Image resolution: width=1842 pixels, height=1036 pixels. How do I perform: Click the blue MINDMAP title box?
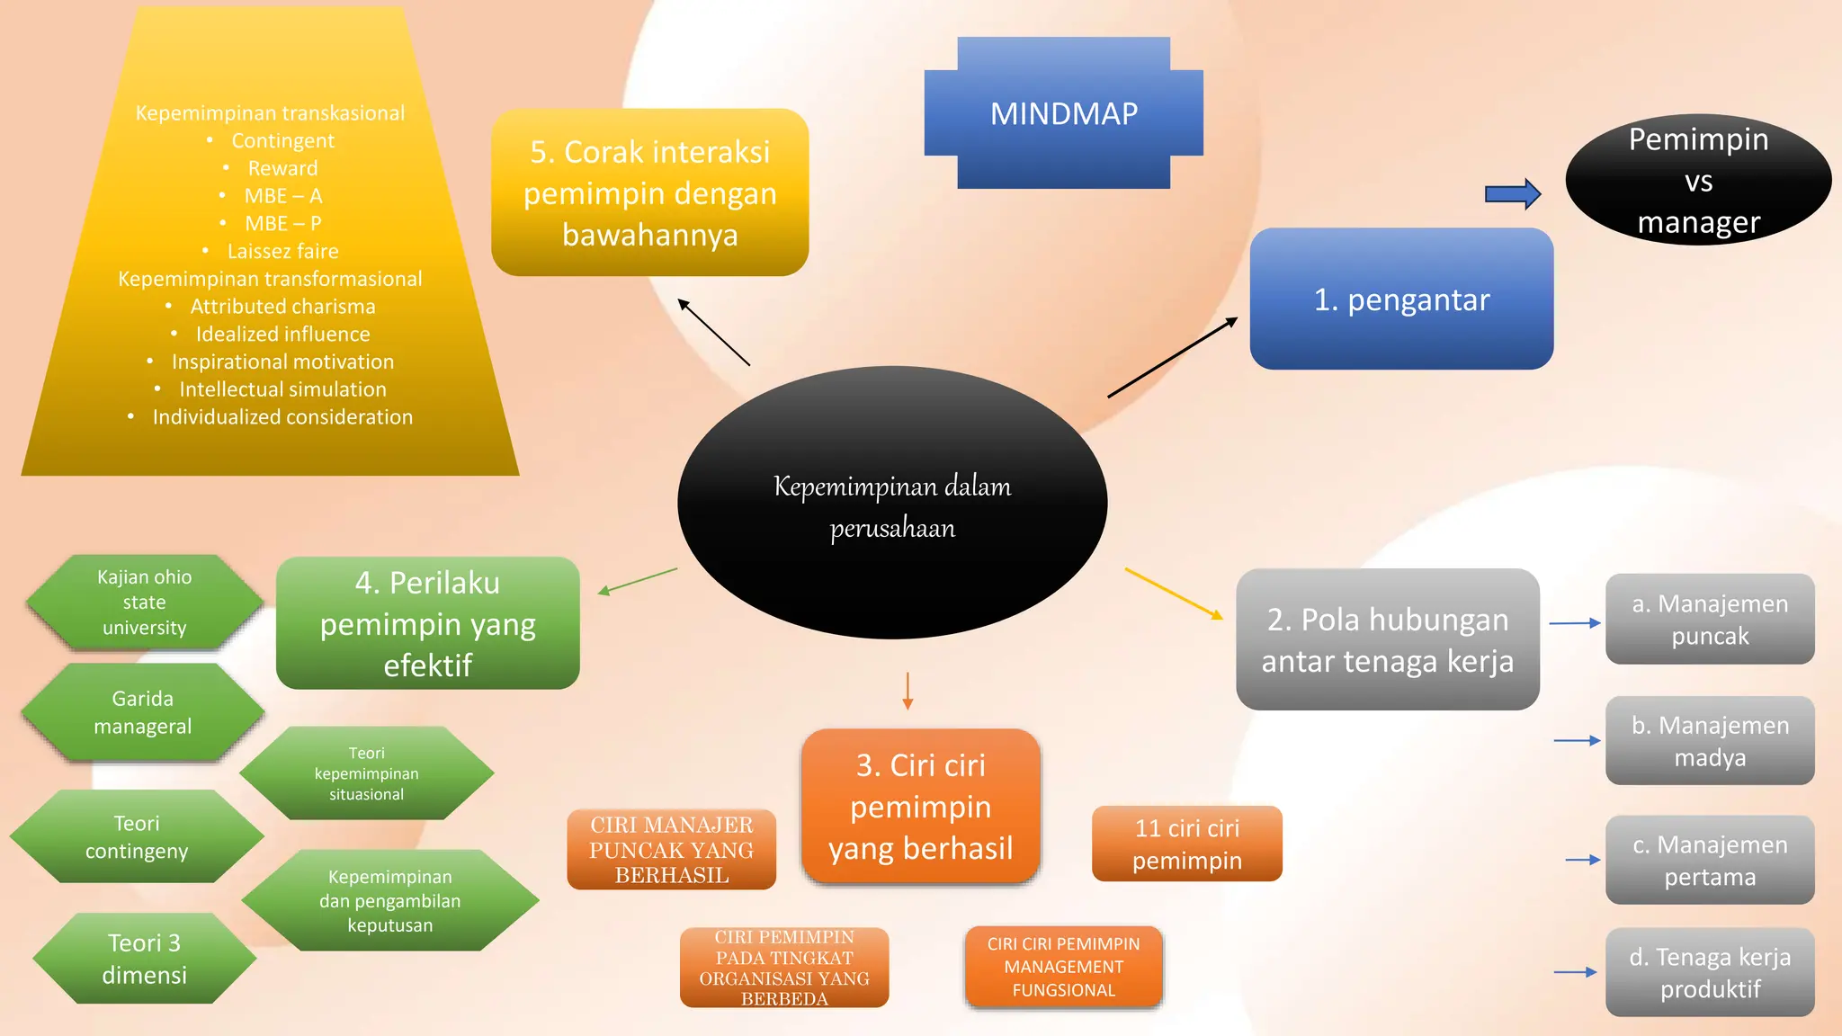click(1063, 113)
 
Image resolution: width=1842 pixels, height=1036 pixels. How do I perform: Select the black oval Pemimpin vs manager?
click(1698, 181)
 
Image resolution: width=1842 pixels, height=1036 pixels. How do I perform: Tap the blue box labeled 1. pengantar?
click(1401, 299)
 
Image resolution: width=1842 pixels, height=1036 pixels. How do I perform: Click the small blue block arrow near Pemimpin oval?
click(1513, 193)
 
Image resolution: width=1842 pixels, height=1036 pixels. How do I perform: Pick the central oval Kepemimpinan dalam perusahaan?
click(892, 504)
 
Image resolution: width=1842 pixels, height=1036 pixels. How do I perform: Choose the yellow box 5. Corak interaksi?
click(649, 192)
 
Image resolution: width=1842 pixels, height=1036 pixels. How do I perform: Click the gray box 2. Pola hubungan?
click(1387, 639)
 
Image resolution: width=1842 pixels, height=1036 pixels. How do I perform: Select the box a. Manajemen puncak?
click(1709, 620)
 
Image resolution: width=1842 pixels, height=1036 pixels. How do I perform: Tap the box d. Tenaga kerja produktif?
click(1709, 972)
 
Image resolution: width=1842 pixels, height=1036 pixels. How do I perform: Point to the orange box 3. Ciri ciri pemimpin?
click(920, 807)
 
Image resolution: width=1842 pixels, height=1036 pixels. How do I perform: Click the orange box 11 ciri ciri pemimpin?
click(1186, 844)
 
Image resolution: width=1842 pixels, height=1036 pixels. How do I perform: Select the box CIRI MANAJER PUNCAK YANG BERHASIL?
click(671, 850)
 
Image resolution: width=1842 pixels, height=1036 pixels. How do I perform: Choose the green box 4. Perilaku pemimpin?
click(427, 623)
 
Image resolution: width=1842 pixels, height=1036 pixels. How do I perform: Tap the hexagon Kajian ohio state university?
click(144, 602)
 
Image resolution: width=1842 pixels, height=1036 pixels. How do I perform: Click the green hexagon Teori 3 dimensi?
click(144, 959)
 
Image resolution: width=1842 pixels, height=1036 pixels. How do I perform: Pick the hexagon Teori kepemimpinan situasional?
click(366, 773)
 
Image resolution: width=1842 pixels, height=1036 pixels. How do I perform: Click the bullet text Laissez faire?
click(282, 251)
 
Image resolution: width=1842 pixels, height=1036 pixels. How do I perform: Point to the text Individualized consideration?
click(282, 417)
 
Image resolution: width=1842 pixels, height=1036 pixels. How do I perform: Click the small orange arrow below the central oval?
click(908, 691)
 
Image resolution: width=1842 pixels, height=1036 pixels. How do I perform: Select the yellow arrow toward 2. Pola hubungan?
click(1174, 594)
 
